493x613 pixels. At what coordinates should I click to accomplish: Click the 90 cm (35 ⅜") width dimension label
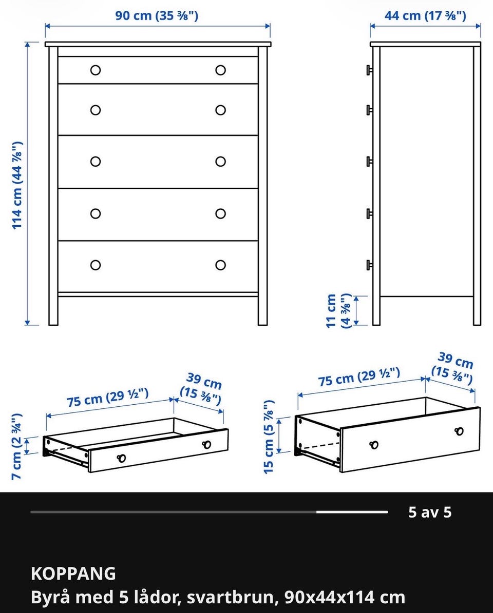coord(157,15)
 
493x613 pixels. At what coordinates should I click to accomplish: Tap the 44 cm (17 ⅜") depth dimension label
coord(425,15)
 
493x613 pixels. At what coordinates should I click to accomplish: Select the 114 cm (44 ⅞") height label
coord(17,185)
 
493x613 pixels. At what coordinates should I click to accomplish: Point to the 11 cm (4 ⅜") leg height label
coord(338,311)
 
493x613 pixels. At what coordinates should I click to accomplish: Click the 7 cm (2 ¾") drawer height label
coord(17,446)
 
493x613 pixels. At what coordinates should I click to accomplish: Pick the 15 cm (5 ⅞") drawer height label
coord(269,437)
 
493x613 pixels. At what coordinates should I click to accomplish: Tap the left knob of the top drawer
coord(96,70)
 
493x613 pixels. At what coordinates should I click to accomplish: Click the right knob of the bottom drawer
coord(221,265)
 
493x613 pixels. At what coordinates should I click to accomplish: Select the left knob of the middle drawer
coord(96,162)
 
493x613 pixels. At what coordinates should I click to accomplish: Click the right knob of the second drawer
coord(221,110)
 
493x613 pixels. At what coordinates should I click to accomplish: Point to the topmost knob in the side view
coord(369,70)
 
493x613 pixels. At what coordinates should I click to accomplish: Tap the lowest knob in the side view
coord(369,265)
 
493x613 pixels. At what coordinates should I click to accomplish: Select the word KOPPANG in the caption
coord(73,574)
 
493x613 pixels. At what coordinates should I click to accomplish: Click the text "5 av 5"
coord(430,512)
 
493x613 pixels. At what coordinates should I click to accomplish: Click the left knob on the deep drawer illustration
coord(374,445)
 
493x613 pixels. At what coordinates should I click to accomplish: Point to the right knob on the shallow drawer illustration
coord(206,445)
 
